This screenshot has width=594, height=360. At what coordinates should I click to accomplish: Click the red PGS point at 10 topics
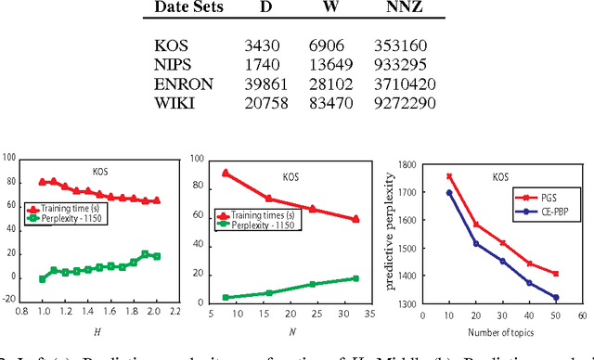click(450, 176)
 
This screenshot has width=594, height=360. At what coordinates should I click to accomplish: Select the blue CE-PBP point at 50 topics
click(556, 298)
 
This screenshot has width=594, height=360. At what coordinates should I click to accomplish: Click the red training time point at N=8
click(226, 174)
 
